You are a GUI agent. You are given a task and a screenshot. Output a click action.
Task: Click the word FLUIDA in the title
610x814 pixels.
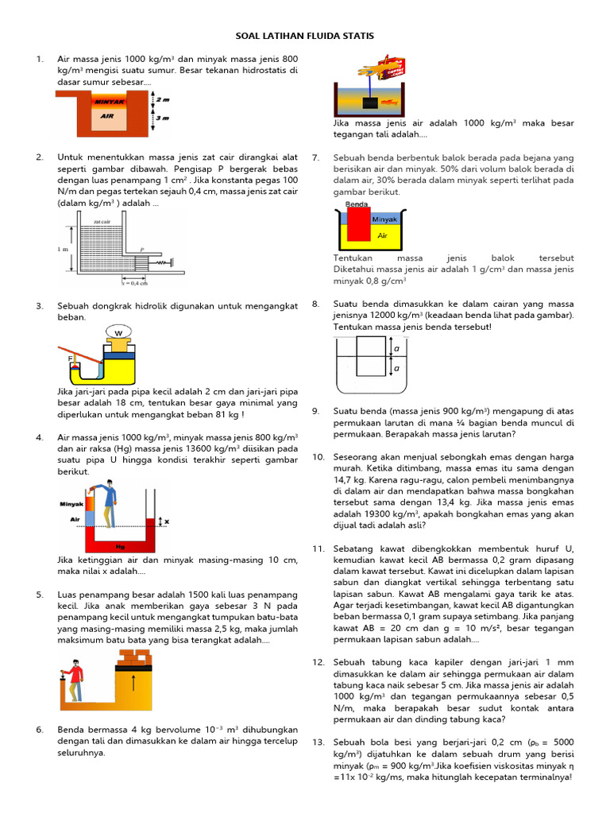(306, 37)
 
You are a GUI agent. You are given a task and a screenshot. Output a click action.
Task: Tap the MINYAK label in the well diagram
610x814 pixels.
(109, 102)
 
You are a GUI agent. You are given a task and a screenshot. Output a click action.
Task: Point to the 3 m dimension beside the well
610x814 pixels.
(164, 118)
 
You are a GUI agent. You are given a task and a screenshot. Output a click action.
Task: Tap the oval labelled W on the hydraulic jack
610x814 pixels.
(118, 332)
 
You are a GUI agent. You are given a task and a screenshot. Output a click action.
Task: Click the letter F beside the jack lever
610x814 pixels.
(71, 359)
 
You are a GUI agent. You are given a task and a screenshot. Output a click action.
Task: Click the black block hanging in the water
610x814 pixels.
(369, 103)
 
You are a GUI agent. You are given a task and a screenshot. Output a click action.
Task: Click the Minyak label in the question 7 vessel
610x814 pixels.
(384, 219)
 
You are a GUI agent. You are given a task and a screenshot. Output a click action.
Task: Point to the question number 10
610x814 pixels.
(318, 457)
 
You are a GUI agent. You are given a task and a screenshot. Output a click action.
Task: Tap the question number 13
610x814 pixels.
(318, 742)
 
